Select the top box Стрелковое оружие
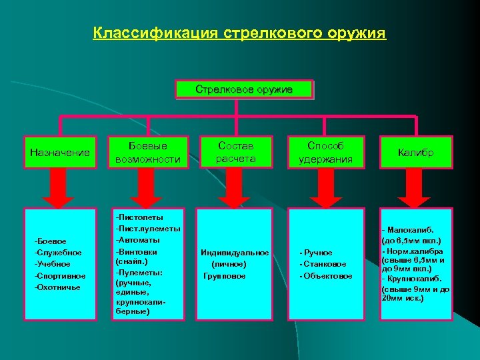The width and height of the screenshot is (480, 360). tap(243, 89)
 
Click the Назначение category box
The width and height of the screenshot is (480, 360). tap(60, 153)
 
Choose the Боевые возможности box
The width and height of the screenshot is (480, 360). tap(147, 153)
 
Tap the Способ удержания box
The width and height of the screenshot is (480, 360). tap(325, 152)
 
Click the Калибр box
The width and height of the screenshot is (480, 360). tap(416, 153)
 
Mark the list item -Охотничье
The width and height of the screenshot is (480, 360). tap(57, 287)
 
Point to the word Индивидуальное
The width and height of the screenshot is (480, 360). tap(235, 253)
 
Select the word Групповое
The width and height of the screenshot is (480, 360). tap(225, 276)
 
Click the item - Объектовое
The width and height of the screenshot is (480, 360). tap(326, 276)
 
